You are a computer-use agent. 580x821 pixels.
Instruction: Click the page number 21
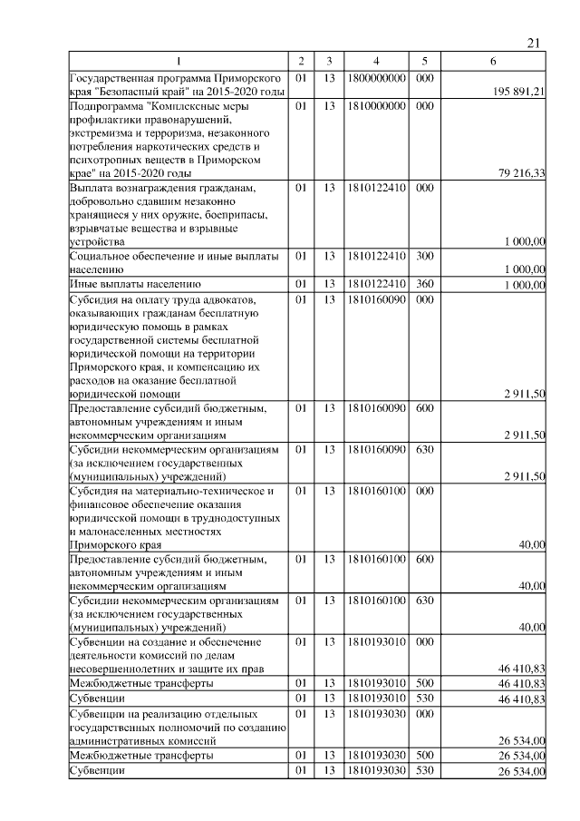point(533,43)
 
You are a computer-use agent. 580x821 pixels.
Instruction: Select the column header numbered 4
point(374,61)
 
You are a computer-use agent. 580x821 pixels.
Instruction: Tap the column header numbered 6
point(492,61)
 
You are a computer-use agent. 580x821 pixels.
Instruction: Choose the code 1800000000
point(374,79)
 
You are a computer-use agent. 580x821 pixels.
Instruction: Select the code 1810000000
point(374,106)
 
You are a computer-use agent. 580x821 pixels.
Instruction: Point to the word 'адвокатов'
point(227,298)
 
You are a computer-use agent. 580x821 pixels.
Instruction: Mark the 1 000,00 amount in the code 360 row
point(525,285)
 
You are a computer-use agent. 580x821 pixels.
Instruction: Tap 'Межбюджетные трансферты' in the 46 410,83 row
point(142,681)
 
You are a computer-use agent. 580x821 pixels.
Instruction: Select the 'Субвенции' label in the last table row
point(98,770)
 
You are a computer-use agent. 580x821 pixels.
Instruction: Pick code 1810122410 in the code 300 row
point(374,257)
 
